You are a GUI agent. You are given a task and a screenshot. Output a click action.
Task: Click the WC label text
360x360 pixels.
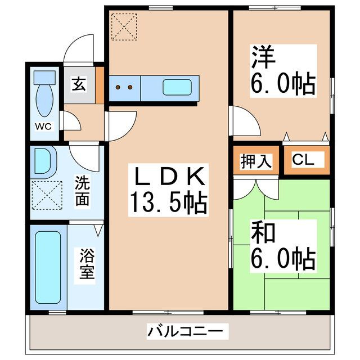coord(44,126)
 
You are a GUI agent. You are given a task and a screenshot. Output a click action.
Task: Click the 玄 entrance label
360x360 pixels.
coord(78,85)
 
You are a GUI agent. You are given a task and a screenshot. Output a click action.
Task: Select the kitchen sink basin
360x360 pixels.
coord(177,87)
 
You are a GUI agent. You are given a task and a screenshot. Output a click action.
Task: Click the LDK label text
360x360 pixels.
coord(167,177)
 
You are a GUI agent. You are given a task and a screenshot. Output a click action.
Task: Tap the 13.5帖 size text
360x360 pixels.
coord(168,202)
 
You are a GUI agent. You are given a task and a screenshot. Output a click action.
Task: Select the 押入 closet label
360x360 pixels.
coord(256,161)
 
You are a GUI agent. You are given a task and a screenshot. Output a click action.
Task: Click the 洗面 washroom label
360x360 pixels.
coord(83,191)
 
